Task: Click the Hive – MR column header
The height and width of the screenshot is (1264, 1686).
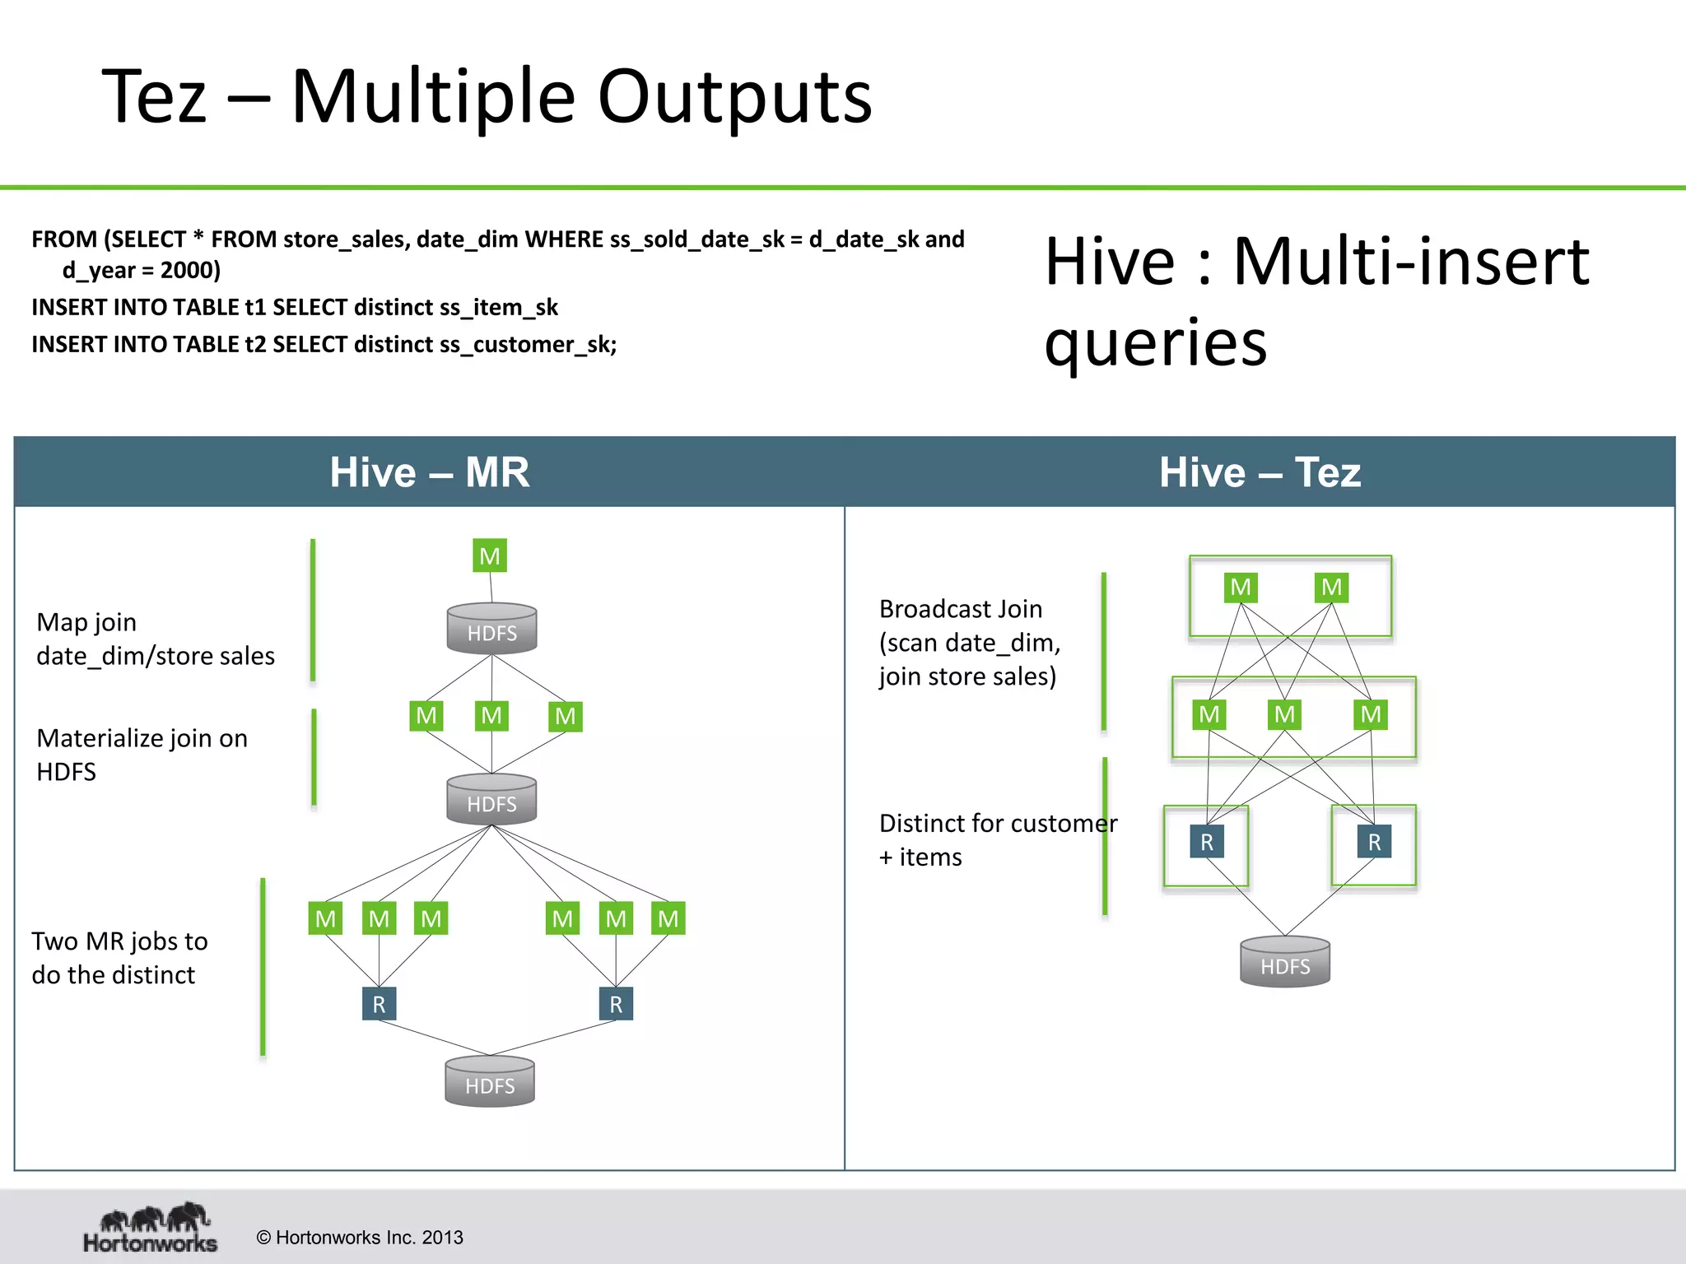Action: (429, 472)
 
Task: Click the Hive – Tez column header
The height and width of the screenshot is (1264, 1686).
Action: (1260, 472)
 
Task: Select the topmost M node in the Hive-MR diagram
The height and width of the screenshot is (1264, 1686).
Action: (490, 556)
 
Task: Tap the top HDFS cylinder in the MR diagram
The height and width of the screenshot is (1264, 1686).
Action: (492, 630)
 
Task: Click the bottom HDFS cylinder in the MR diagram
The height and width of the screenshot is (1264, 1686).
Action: (490, 1082)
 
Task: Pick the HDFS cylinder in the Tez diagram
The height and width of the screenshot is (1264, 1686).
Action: (1285, 962)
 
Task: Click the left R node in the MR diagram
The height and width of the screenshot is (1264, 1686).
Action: (379, 1004)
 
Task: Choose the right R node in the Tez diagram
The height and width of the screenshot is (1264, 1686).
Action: (1374, 842)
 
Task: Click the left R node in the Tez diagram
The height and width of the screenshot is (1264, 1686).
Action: (1207, 842)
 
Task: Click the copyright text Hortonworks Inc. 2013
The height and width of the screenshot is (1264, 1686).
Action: (360, 1238)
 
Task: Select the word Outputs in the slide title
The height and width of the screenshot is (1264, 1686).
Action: (734, 97)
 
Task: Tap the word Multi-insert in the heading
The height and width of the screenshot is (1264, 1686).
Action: (1411, 262)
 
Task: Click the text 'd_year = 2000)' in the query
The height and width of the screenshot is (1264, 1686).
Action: (142, 271)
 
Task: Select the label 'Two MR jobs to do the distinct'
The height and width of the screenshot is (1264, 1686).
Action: (119, 958)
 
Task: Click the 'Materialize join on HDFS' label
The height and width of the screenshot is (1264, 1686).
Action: (142, 755)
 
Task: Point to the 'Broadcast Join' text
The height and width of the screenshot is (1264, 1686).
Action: (960, 609)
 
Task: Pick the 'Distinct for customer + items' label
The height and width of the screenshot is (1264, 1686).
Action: (997, 839)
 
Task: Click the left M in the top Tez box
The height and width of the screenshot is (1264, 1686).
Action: (1241, 588)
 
